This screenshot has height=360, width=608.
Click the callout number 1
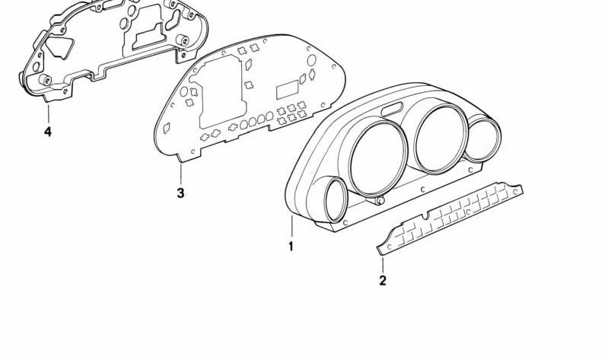pos(291,246)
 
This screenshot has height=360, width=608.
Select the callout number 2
pos(383,281)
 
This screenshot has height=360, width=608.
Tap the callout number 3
pos(180,193)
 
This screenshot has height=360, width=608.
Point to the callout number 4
pos(48,132)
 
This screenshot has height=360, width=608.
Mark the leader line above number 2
pos(383,264)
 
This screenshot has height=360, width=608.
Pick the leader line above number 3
pos(180,174)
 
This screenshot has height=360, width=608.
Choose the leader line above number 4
pos(49,113)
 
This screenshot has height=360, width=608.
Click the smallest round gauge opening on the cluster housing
pos(336,199)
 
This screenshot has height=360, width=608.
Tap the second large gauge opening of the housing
pos(440,139)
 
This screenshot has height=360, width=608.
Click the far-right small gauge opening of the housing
pos(482,139)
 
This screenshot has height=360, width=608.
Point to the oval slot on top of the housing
pos(393,110)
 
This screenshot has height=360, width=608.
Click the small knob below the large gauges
pos(379,201)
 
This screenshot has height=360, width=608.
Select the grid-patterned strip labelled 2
pos(450,218)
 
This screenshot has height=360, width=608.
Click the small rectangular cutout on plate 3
pos(287,91)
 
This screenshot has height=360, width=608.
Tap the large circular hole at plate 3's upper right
pos(311,61)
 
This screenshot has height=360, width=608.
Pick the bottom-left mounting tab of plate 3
pos(189,155)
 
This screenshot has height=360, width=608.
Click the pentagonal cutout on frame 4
pos(59,46)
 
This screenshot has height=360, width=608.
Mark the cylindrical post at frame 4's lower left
pos(45,80)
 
